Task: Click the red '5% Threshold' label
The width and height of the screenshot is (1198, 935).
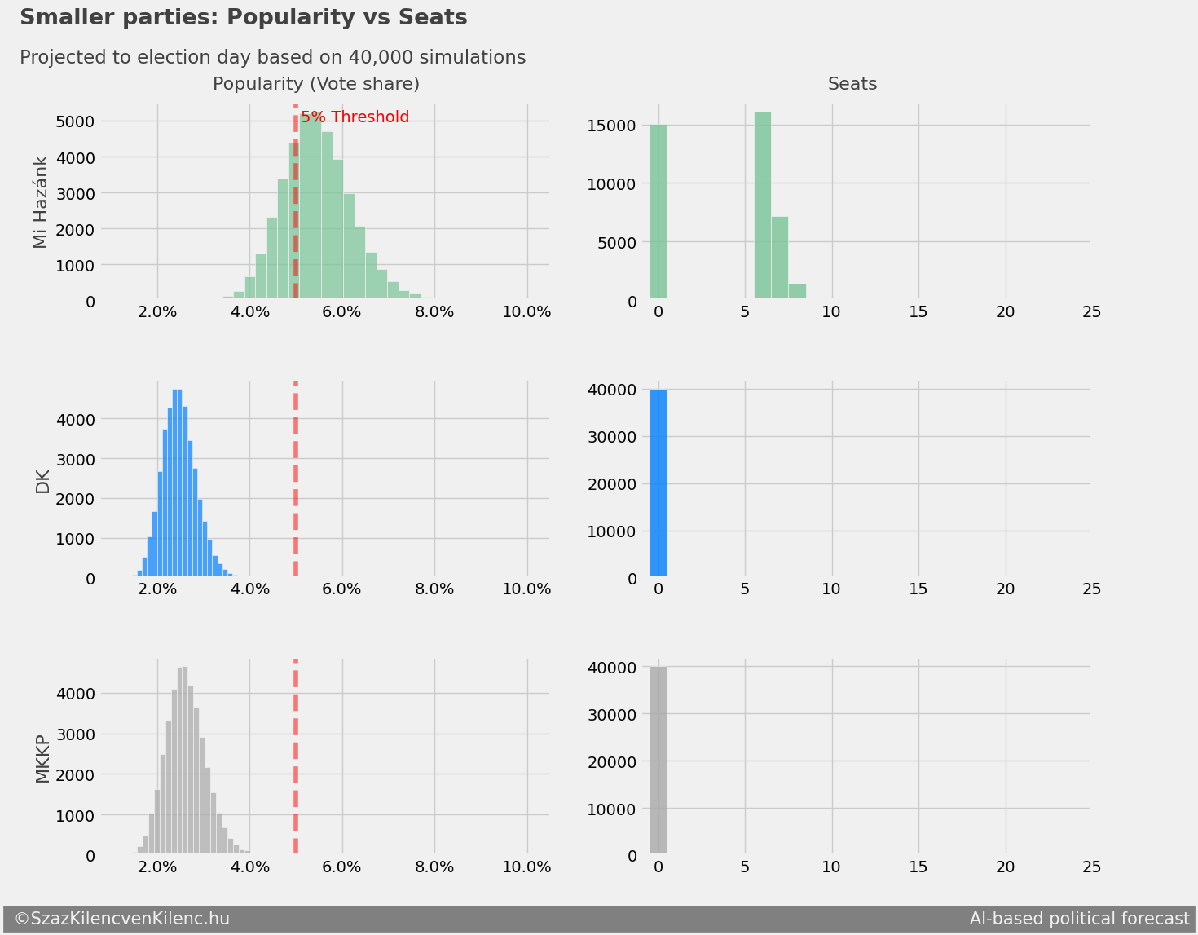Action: [355, 117]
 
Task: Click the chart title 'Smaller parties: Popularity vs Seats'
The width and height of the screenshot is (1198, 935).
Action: [243, 17]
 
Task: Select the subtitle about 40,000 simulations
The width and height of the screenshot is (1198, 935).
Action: [272, 58]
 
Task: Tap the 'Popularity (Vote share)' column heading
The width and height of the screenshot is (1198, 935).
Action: [316, 84]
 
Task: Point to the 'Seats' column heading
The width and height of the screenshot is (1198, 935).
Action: [852, 84]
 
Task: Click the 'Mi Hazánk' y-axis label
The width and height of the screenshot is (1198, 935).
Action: [42, 202]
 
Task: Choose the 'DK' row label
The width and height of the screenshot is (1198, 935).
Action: [42, 482]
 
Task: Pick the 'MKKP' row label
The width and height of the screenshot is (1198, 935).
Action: [42, 759]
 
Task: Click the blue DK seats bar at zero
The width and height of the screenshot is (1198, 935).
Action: [658, 483]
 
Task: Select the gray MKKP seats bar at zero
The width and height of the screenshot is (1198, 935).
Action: [658, 761]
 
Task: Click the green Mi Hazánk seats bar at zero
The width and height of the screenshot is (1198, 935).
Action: [658, 212]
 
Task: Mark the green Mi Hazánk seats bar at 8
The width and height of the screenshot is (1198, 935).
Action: [797, 293]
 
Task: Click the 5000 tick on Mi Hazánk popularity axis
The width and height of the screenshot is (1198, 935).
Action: [74, 121]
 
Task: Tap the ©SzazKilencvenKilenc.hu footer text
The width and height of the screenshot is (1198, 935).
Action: [122, 919]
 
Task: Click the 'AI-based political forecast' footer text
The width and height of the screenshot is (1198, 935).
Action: [1079, 919]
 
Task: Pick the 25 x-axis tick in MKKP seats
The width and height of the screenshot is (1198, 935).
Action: [1092, 867]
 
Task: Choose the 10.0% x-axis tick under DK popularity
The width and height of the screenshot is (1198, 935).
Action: [526, 589]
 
